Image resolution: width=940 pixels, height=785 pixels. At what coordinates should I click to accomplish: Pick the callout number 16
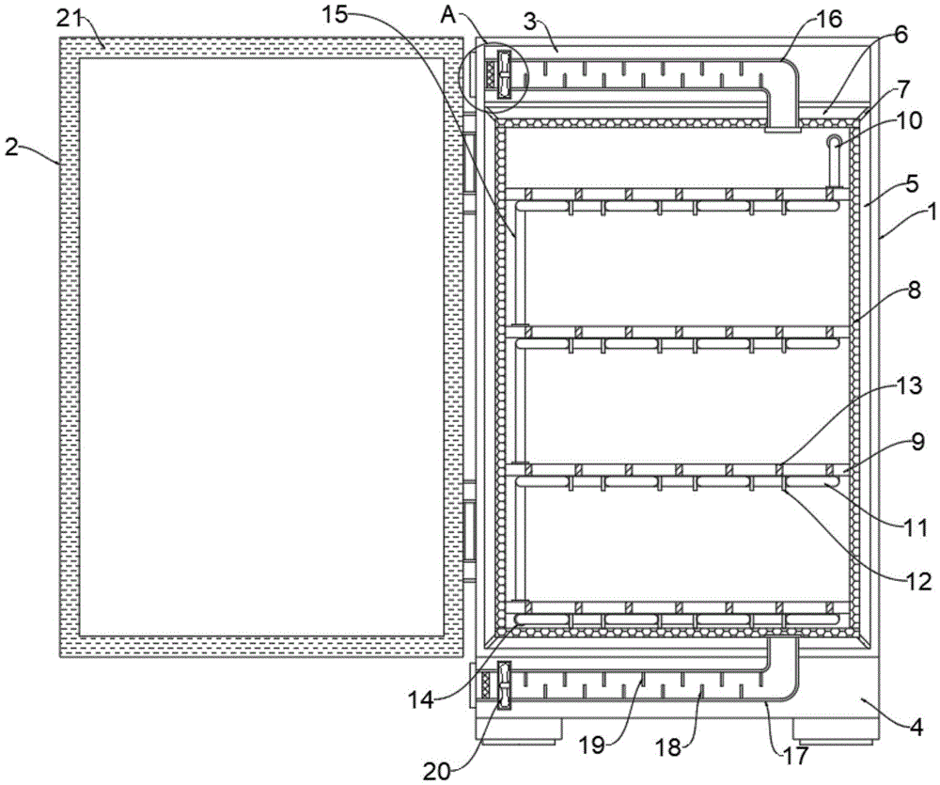[x=828, y=18]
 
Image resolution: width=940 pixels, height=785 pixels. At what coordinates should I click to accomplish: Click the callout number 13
[x=906, y=386]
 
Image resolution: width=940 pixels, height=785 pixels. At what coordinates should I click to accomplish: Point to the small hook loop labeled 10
[x=833, y=142]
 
